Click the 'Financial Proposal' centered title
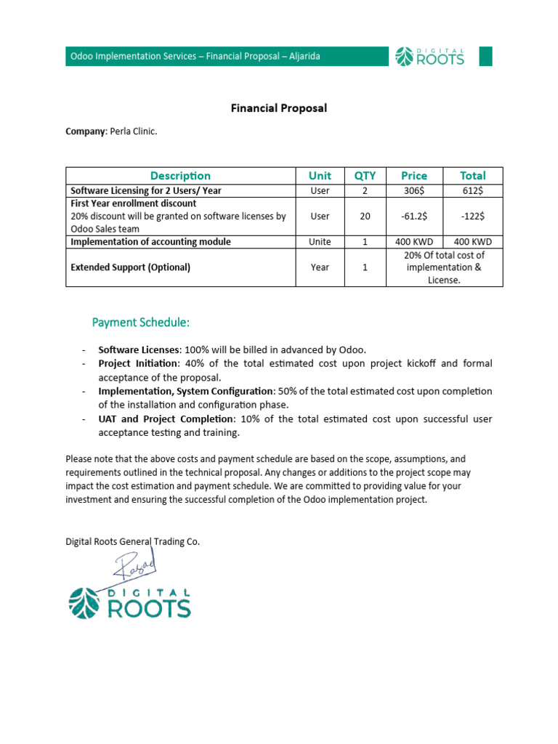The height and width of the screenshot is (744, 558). [x=279, y=108]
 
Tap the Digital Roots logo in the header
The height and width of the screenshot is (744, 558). [x=429, y=56]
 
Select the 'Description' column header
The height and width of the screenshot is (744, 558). [x=180, y=176]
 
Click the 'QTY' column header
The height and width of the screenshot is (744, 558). [x=365, y=176]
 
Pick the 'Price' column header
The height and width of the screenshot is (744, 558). [x=414, y=176]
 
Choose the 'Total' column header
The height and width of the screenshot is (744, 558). [x=473, y=176]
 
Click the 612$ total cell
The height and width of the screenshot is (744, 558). [x=473, y=191]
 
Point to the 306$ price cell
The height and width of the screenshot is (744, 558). [x=414, y=191]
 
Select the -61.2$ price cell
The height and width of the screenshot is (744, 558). [x=414, y=217]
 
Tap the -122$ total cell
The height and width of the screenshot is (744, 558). [x=473, y=217]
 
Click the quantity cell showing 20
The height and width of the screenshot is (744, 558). [x=365, y=217]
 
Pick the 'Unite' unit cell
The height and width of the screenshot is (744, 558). [x=320, y=242]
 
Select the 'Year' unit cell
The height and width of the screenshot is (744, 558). [x=320, y=267]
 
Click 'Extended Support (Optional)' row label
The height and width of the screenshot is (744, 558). [x=130, y=267]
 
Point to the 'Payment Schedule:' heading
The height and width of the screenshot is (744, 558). [x=140, y=322]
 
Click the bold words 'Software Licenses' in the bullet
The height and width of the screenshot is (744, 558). [x=138, y=349]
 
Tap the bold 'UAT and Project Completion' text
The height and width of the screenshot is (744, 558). [x=166, y=419]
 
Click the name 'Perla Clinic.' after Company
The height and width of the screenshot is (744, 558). [x=133, y=132]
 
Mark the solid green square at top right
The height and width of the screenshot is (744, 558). [x=485, y=56]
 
